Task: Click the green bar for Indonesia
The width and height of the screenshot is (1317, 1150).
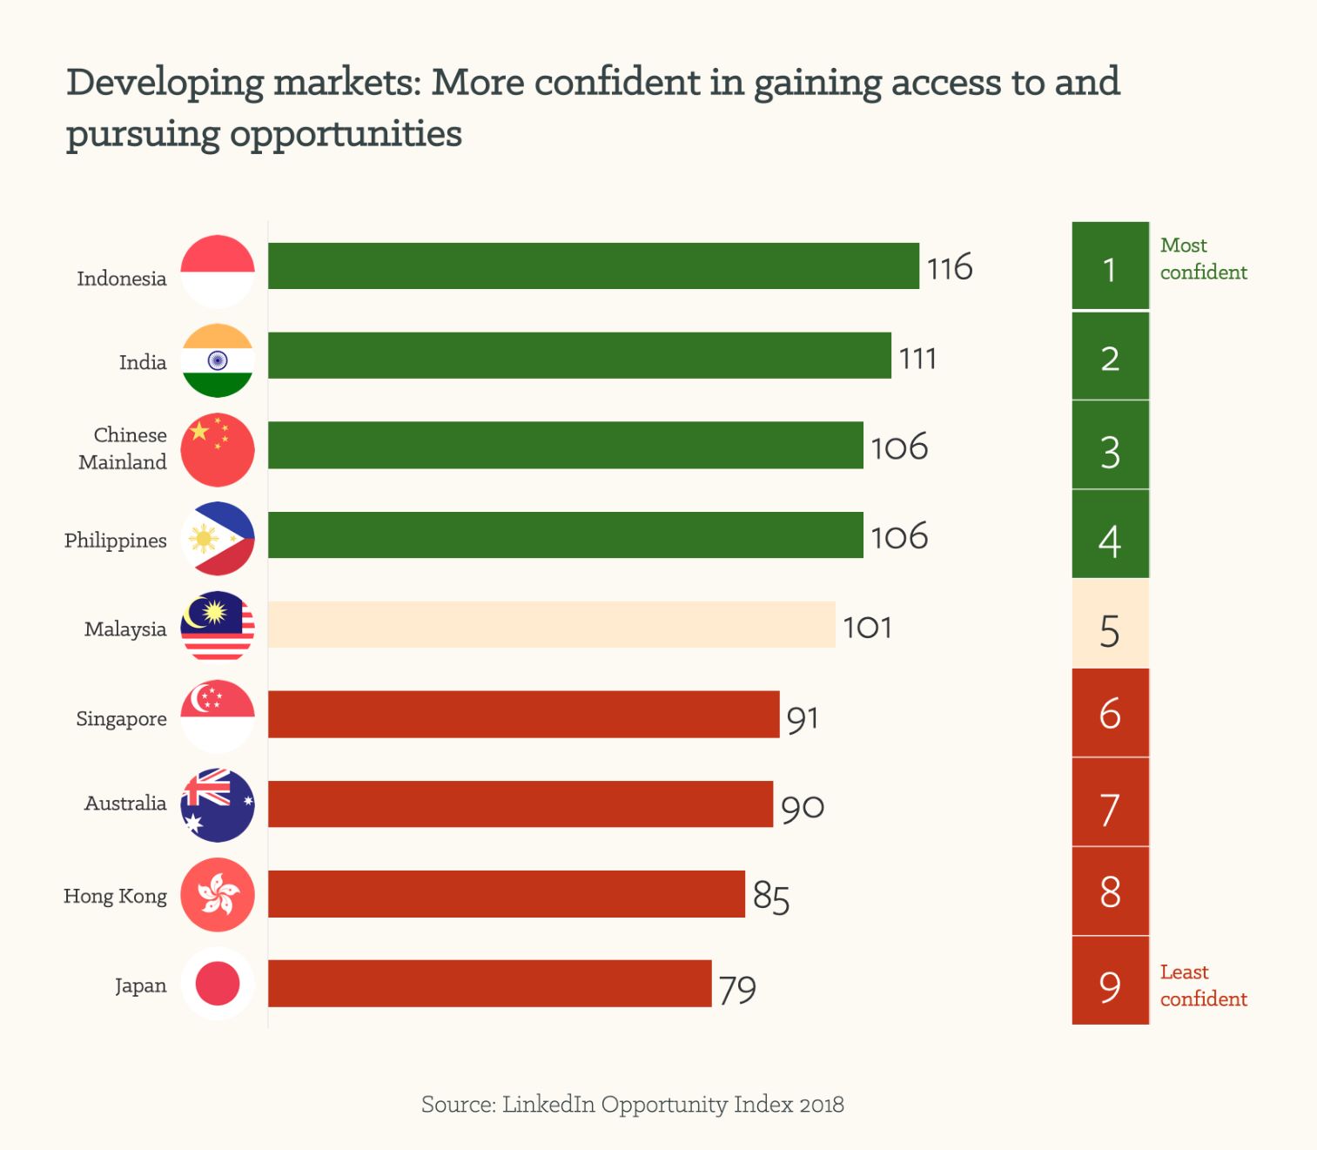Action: click(x=593, y=266)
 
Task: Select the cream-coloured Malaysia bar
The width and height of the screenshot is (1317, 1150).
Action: click(x=551, y=624)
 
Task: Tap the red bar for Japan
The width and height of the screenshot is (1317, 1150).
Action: click(x=489, y=984)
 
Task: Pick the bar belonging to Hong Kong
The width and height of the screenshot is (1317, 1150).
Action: click(x=506, y=894)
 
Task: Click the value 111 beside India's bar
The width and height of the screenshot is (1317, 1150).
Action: click(x=917, y=358)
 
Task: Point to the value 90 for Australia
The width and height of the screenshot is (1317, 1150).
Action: click(x=802, y=807)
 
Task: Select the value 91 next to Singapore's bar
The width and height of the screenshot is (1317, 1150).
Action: click(x=802, y=718)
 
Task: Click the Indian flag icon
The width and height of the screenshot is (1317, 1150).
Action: click(x=218, y=360)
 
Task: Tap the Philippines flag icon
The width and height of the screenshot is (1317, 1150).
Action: click(x=218, y=539)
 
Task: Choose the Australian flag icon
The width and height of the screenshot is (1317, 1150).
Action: click(x=218, y=805)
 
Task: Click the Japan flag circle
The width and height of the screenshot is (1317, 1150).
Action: click(x=218, y=984)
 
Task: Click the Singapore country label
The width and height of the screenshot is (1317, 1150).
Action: click(x=121, y=718)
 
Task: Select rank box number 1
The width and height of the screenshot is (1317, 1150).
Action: click(x=1110, y=266)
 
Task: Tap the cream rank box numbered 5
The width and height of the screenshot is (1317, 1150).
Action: click(x=1110, y=624)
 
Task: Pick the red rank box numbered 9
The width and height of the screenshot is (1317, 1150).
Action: click(x=1110, y=981)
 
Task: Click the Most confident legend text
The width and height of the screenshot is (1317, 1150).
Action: click(x=1203, y=259)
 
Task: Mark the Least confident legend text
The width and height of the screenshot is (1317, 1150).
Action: click(x=1203, y=985)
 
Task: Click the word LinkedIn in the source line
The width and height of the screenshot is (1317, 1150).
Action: click(x=548, y=1104)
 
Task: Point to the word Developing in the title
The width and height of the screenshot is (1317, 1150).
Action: click(x=165, y=83)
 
